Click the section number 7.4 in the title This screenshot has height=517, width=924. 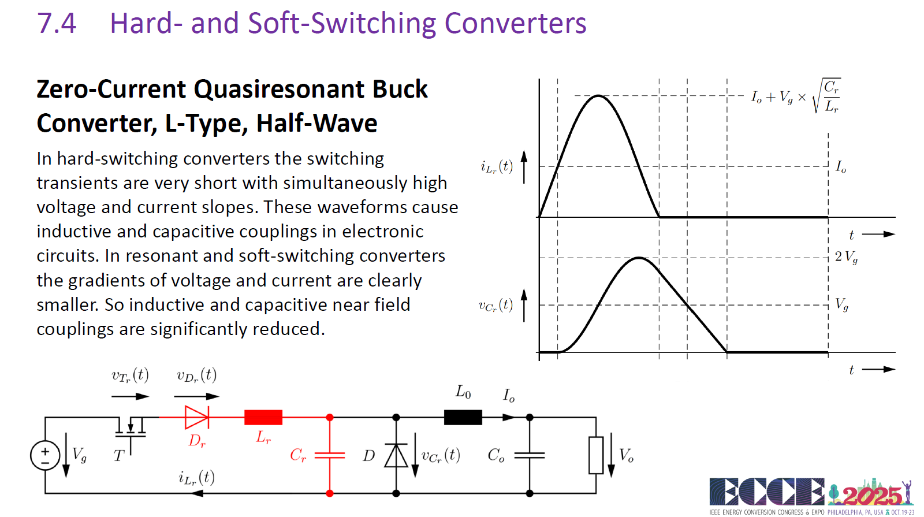57,23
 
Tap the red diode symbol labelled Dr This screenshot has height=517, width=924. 197,417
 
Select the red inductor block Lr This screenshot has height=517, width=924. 263,417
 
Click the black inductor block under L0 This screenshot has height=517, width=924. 463,417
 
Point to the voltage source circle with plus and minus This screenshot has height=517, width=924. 45,456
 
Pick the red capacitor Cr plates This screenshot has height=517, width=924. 330,455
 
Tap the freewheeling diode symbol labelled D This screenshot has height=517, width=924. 396,455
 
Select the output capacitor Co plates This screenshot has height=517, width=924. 530,455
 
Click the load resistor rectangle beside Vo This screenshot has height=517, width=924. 596,455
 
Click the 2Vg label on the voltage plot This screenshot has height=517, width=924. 847,257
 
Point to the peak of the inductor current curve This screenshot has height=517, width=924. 598,96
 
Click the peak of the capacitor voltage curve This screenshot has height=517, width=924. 639,258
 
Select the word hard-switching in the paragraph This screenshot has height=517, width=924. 117,159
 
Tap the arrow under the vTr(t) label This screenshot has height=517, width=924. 131,396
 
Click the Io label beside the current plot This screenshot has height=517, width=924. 841,167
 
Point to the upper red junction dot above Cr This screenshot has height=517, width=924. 330,418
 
